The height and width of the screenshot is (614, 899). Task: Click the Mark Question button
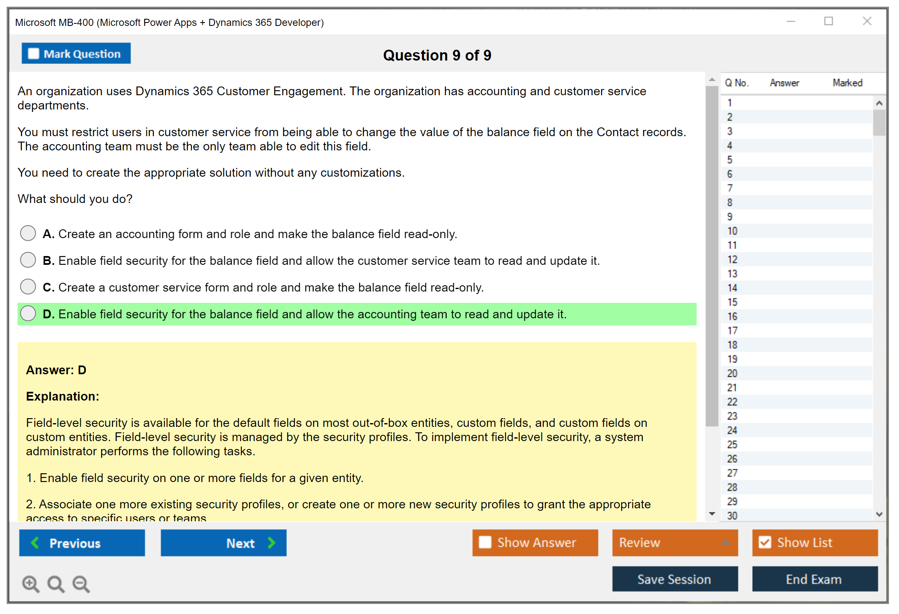pos(76,53)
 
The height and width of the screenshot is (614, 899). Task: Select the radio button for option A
pos(28,233)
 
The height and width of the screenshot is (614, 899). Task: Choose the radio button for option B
pos(28,260)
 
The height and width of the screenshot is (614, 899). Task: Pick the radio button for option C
pos(28,287)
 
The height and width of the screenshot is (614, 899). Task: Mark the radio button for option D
pos(28,313)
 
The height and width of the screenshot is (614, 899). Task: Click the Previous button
pos(82,543)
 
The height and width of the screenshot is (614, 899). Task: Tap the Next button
pos(224,543)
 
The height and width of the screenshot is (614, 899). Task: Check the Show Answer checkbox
pos(485,542)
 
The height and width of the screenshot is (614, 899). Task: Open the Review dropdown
pos(675,543)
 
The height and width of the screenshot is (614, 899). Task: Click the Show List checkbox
pos(765,542)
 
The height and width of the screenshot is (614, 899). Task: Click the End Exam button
pos(815,579)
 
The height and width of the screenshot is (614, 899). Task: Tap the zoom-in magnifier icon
pos(31,584)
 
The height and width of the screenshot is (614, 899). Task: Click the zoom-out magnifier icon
pos(81,584)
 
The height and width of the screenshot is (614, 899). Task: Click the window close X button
pos(867,21)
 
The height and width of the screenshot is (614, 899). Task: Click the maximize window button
pos(828,21)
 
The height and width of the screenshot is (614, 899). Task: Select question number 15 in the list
pos(732,302)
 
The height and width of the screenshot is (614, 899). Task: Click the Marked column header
pos(847,83)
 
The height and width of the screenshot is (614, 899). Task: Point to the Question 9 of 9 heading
pos(437,55)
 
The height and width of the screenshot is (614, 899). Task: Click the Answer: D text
pos(56,370)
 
